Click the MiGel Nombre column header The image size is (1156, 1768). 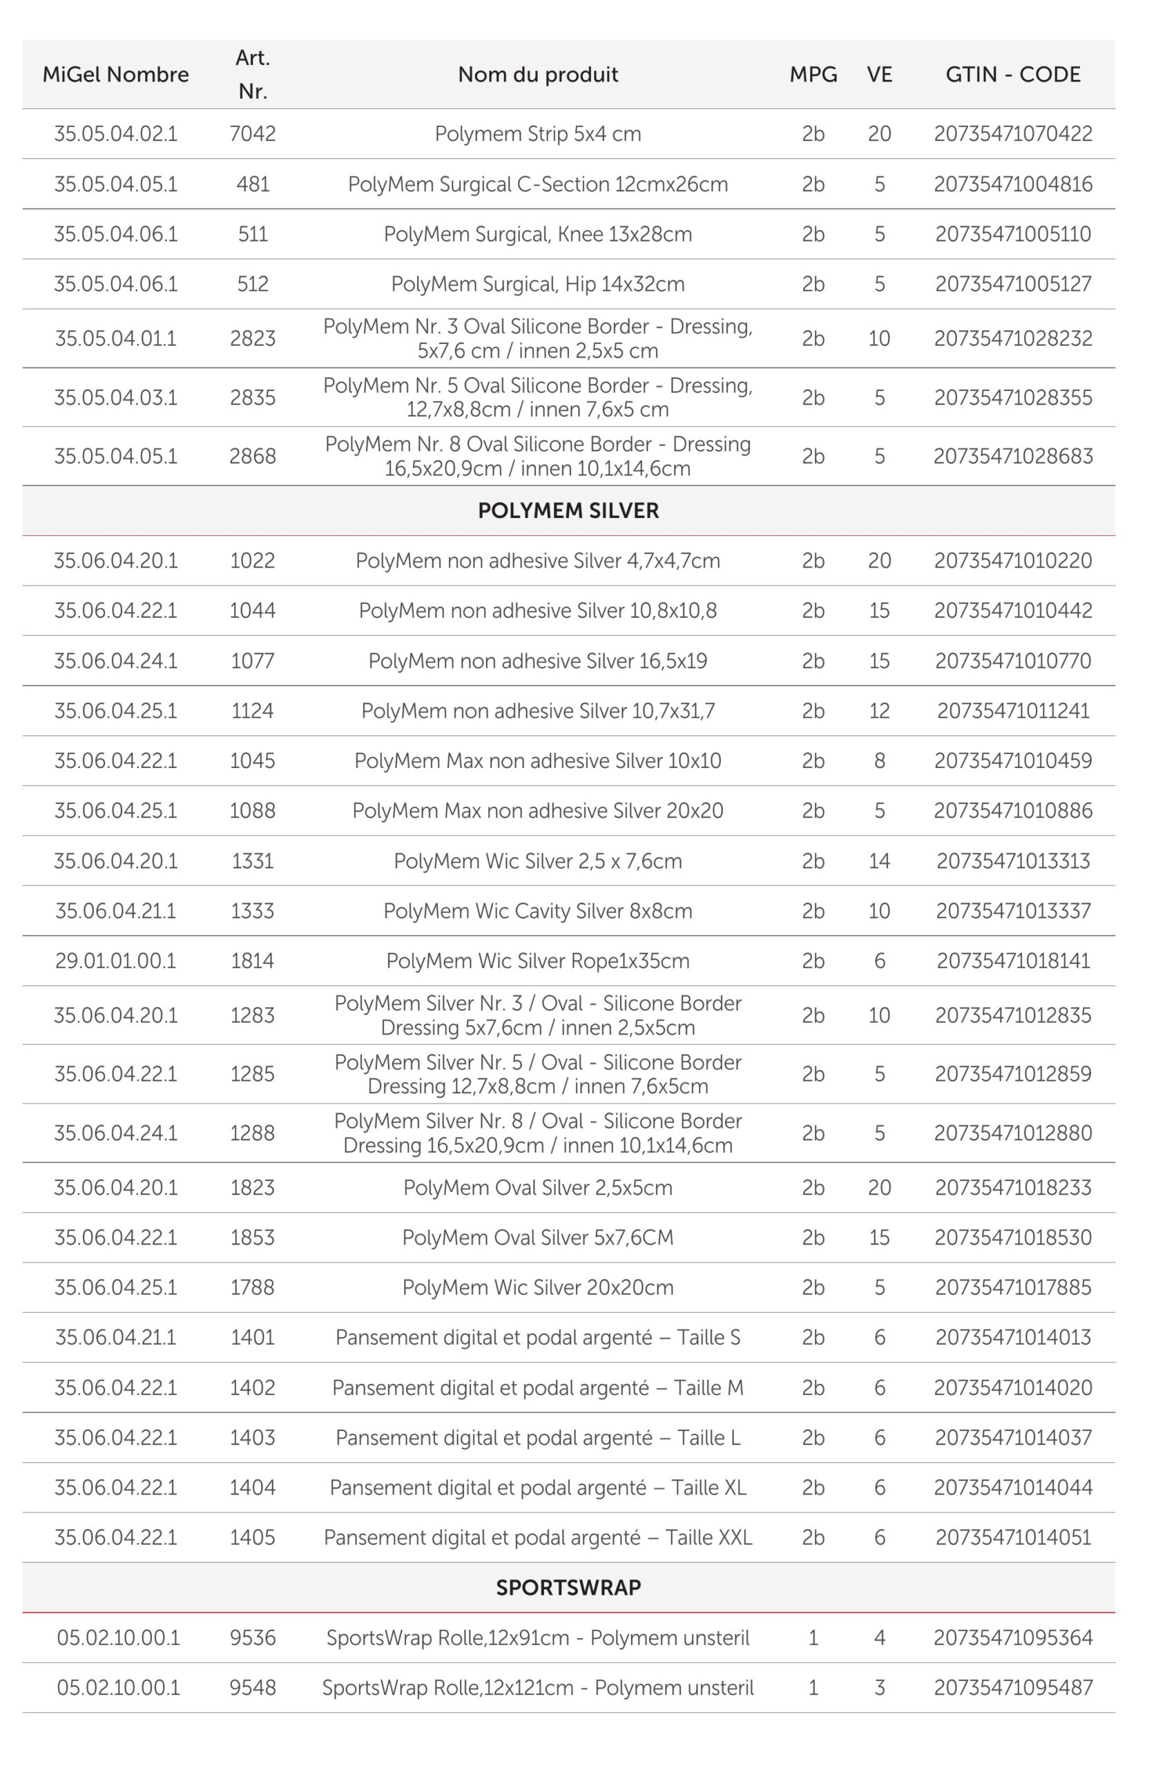(115, 75)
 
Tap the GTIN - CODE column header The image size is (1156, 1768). (1012, 75)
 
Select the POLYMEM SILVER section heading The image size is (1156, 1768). (568, 510)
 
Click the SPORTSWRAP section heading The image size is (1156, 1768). (568, 1588)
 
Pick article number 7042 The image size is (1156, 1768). (253, 134)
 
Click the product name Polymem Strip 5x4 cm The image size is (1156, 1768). (538, 134)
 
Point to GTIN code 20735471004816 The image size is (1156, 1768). (1012, 184)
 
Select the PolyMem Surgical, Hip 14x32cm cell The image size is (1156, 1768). (538, 284)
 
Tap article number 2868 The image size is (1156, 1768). (253, 456)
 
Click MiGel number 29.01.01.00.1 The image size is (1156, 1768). (115, 961)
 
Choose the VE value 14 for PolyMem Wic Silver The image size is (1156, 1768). (879, 861)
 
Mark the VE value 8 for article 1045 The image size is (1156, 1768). (879, 760)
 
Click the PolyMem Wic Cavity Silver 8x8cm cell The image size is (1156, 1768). (538, 911)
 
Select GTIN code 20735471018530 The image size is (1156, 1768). (1012, 1238)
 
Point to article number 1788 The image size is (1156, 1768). (253, 1287)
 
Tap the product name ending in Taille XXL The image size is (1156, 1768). (538, 1537)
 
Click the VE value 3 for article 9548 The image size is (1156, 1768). (879, 1688)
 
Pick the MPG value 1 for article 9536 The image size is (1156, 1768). (813, 1638)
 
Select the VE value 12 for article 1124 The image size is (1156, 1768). (879, 711)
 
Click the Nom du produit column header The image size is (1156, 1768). (538, 75)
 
